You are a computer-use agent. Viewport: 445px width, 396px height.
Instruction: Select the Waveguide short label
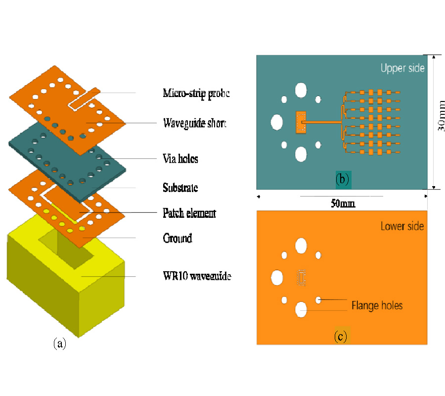(x=194, y=123)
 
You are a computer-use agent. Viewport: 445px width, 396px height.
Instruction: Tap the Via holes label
(x=180, y=159)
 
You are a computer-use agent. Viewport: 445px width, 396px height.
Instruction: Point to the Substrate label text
(x=180, y=188)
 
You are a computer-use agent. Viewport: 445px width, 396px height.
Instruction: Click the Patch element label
(x=189, y=213)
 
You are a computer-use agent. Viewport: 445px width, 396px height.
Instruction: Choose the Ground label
(x=177, y=238)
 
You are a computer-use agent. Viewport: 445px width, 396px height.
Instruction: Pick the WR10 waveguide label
(x=197, y=276)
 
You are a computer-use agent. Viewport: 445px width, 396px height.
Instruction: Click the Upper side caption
(x=402, y=68)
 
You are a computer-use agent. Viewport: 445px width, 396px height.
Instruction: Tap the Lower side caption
(x=402, y=226)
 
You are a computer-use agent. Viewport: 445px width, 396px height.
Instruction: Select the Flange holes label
(x=377, y=305)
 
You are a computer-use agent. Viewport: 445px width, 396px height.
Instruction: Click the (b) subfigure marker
(x=342, y=179)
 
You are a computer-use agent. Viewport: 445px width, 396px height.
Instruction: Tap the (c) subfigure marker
(x=340, y=337)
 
